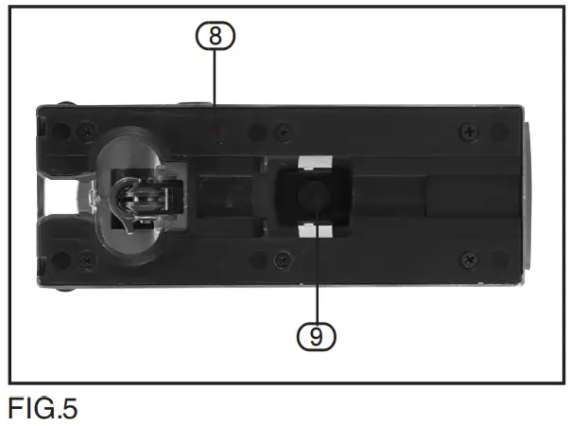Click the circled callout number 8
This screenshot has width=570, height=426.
pos(216,36)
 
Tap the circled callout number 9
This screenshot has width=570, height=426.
pos(316,333)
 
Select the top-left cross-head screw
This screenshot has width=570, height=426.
pos(86,128)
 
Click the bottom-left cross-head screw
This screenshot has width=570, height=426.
pos(86,257)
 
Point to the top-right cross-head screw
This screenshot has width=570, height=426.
pos(470,129)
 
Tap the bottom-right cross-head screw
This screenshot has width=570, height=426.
pos(470,257)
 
